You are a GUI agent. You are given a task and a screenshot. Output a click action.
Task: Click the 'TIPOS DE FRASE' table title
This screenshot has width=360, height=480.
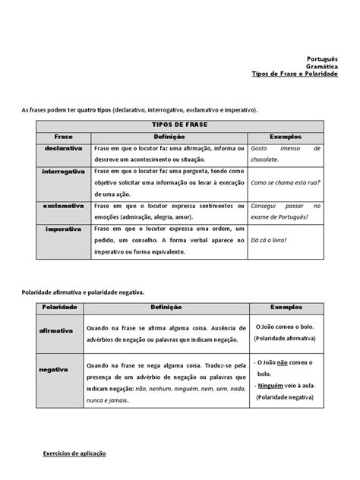click(x=180, y=124)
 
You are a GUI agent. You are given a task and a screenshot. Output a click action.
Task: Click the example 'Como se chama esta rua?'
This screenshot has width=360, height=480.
click(x=285, y=183)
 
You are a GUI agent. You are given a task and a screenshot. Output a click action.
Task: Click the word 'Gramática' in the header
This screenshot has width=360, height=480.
click(x=322, y=66)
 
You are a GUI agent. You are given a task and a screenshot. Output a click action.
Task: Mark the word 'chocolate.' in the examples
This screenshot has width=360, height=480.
click(x=267, y=160)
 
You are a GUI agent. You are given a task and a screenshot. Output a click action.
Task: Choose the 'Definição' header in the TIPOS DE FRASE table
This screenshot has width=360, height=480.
click(x=169, y=136)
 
